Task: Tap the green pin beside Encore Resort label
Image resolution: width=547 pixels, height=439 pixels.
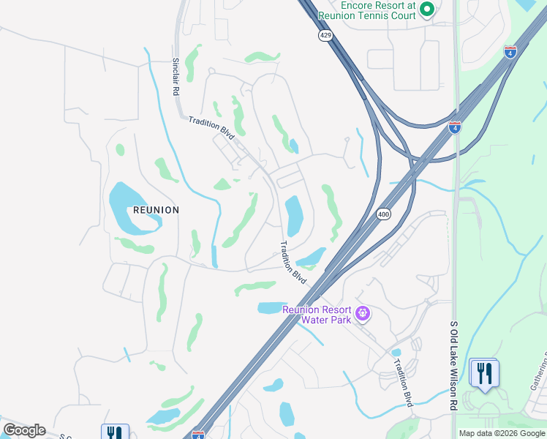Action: coord(427,10)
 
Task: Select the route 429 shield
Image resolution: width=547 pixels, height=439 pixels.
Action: coord(325,35)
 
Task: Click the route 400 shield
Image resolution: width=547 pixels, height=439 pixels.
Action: coord(383,214)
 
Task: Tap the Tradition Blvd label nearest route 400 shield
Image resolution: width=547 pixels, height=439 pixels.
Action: coord(294,263)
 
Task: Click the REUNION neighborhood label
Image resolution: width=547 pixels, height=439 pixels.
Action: coord(156,210)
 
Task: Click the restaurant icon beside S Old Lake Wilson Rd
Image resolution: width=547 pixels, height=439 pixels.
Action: coord(483,372)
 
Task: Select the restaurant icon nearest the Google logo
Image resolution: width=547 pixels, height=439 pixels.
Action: coord(115,432)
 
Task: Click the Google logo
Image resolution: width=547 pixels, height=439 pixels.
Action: coord(24,430)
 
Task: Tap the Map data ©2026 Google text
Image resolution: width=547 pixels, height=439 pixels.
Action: coord(501,433)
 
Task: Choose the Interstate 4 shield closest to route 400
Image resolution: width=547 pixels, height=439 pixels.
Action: coord(455,127)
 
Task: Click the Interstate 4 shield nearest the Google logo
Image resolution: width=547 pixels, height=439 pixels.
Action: coord(198,435)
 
